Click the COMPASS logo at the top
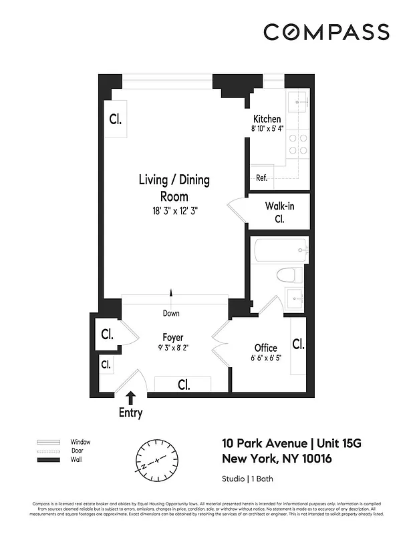326,32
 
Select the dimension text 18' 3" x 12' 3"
174,210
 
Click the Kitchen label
267,119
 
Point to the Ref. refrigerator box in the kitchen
262,178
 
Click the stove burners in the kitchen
297,144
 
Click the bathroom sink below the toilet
295,298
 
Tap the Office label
265,348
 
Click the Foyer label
172,338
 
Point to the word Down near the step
171,313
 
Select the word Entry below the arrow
130,413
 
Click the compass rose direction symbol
158,460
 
